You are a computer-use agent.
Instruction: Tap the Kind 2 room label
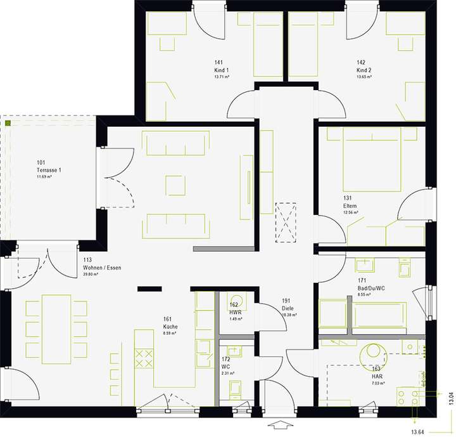(364, 70)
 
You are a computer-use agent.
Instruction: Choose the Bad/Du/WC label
(372, 288)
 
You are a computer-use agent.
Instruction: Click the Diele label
(289, 308)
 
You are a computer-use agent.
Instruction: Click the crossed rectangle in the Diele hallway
(286, 221)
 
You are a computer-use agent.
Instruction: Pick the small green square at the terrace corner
(8, 122)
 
